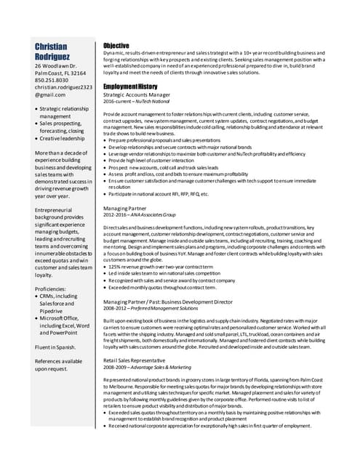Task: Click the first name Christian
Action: point(56,46)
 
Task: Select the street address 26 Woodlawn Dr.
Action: point(56,66)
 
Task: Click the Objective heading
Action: point(116,45)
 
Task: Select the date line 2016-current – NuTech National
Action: point(138,102)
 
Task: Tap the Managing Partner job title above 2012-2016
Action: point(126,208)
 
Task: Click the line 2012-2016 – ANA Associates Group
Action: point(140,215)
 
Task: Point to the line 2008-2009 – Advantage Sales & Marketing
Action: point(148,367)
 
